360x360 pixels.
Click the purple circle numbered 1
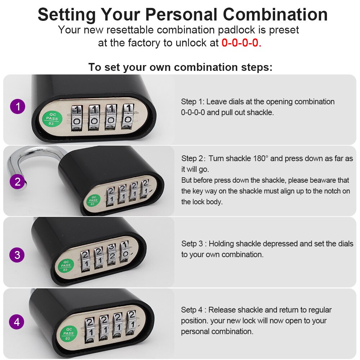pyautogui.click(x=17, y=107)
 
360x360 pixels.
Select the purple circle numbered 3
pyautogui.click(x=17, y=256)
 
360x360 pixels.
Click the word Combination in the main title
pyautogui.click(x=275, y=15)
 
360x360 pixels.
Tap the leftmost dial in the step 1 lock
pyautogui.click(x=77, y=116)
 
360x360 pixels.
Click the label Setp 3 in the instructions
pyautogui.click(x=192, y=244)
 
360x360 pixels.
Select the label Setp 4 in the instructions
pyautogui.click(x=192, y=310)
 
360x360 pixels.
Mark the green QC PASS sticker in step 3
pyautogui.click(x=66, y=266)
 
